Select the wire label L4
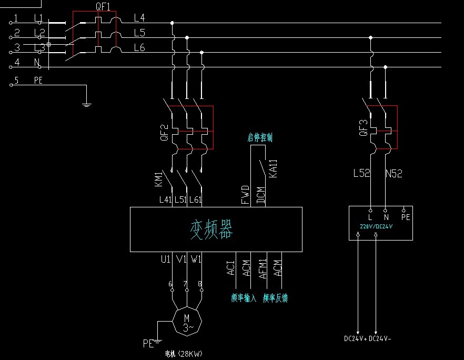click(x=139, y=18)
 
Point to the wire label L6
click(x=139, y=48)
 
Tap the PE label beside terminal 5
click(x=38, y=81)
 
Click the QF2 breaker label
click(x=164, y=132)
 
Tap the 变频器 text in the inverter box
click(x=211, y=229)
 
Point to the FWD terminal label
click(x=245, y=194)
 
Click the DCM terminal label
click(x=261, y=195)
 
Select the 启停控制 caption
click(x=260, y=138)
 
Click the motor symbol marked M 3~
click(x=186, y=321)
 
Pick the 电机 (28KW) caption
click(x=184, y=354)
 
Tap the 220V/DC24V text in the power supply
click(x=376, y=226)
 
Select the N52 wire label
click(x=394, y=173)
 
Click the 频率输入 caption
click(x=244, y=298)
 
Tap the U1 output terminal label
click(x=166, y=259)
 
